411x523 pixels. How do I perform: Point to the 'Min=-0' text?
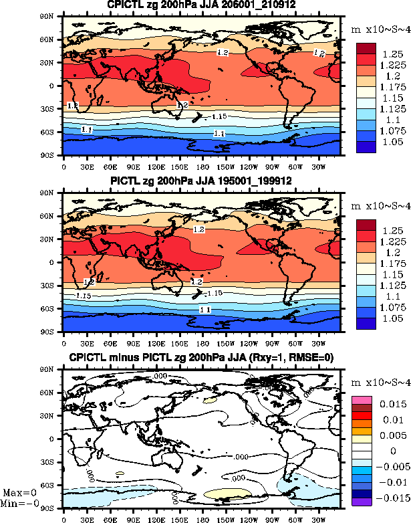[x=19, y=502]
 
